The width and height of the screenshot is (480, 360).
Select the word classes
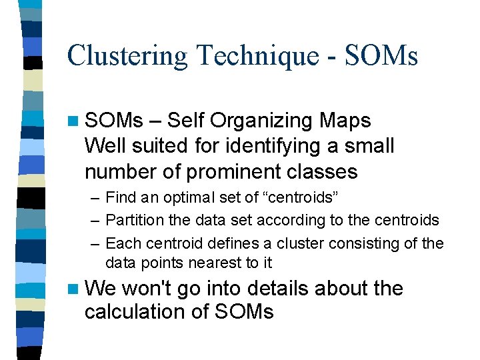(327, 171)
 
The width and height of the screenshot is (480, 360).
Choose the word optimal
(176, 198)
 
